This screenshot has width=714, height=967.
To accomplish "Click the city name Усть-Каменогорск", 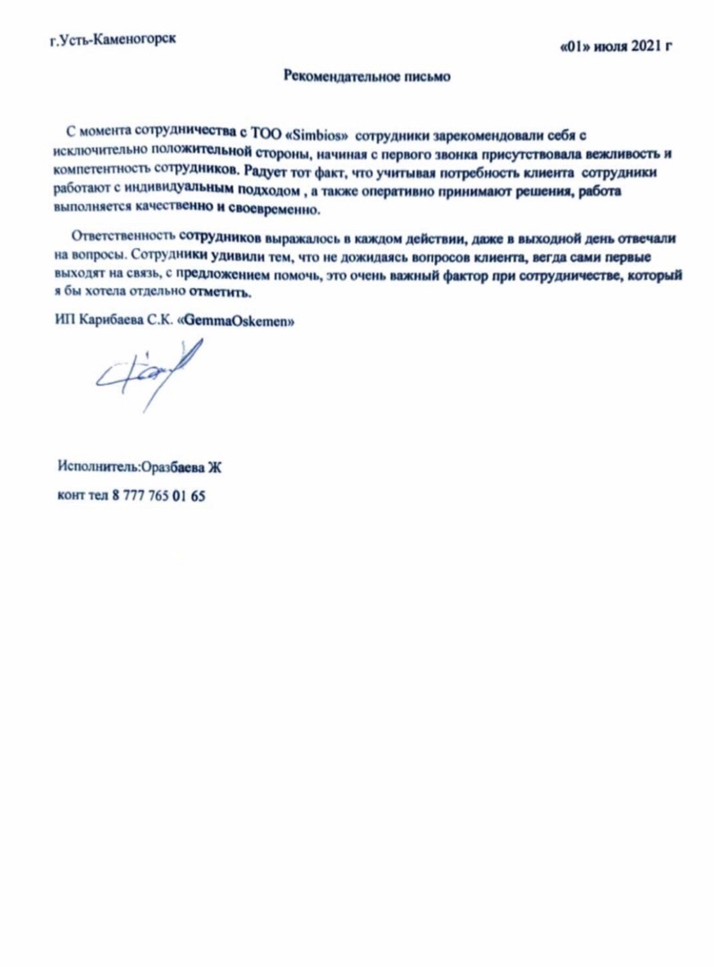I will (x=119, y=40).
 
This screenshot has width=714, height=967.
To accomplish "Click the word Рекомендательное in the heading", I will (x=332, y=76).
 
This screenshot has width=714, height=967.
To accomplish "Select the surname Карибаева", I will (x=109, y=322).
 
